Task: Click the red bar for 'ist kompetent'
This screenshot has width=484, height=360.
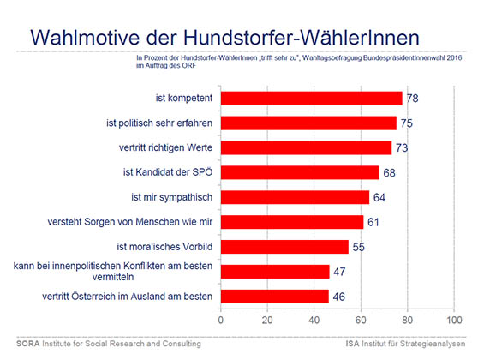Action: (312, 99)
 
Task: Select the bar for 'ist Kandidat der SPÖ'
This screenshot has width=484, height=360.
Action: (300, 172)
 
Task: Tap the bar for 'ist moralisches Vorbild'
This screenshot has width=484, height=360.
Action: (284, 247)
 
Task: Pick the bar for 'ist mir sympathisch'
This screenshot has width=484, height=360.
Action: (295, 197)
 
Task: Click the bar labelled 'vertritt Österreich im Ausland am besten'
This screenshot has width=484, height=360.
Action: (275, 297)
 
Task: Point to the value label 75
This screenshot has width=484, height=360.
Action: (407, 123)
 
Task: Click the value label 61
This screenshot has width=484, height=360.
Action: (373, 222)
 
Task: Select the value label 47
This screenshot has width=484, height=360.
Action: (339, 272)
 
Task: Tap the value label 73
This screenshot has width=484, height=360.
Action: (402, 148)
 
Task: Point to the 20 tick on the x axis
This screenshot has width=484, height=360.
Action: (267, 320)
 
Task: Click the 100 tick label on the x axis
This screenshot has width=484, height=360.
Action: (454, 320)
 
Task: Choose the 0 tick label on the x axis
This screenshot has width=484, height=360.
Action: (221, 320)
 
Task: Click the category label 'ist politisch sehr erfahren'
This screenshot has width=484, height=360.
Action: (159, 123)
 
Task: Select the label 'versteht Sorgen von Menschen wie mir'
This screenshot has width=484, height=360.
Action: (130, 222)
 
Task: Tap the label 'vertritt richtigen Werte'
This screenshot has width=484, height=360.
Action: (165, 147)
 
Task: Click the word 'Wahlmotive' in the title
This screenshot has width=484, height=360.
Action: (85, 38)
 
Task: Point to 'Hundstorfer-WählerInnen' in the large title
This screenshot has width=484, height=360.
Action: (302, 38)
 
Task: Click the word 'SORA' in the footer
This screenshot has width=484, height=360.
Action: (27, 344)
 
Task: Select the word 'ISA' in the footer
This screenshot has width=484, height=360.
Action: (352, 344)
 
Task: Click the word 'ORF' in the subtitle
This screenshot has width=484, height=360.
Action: (189, 65)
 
